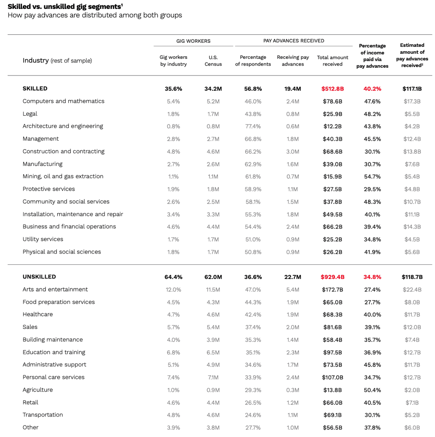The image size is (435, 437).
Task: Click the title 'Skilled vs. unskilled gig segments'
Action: tap(65, 6)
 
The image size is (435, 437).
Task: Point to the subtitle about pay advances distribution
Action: tap(95, 16)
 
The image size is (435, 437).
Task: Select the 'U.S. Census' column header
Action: tap(213, 61)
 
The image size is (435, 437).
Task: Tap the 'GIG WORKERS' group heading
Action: tap(193, 41)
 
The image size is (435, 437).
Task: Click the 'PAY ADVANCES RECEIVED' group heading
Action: tap(293, 41)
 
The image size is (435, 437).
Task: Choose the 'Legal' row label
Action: tap(30, 114)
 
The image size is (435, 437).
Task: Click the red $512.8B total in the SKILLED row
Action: tap(332, 89)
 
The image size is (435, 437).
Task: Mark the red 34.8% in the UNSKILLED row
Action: tap(372, 277)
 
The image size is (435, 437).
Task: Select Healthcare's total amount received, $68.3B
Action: tap(332, 315)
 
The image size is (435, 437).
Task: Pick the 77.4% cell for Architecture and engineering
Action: tap(253, 126)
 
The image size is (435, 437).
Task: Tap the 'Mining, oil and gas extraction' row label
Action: tap(63, 176)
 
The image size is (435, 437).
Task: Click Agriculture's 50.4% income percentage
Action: tap(372, 390)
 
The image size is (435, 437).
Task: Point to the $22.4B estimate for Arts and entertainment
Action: tap(412, 290)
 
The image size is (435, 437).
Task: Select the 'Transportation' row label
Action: tap(43, 415)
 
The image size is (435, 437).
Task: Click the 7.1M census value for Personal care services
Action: tap(213, 378)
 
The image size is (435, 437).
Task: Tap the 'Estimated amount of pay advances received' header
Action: tap(412, 55)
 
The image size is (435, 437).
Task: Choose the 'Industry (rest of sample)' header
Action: tap(57, 61)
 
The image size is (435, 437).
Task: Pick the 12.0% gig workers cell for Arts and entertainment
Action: tap(173, 290)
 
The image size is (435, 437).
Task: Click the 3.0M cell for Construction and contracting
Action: tap(293, 151)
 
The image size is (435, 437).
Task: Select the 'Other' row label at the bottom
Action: tap(30, 428)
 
